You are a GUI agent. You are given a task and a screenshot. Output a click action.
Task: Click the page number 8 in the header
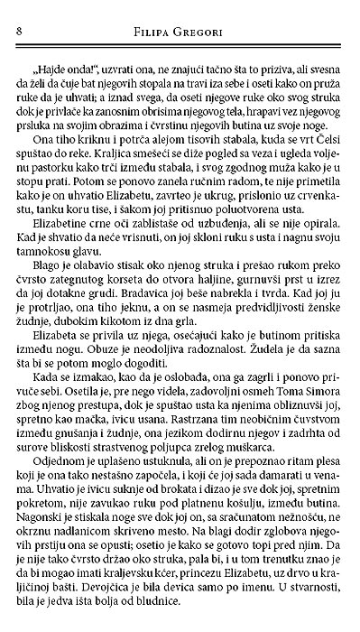pos(20,34)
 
